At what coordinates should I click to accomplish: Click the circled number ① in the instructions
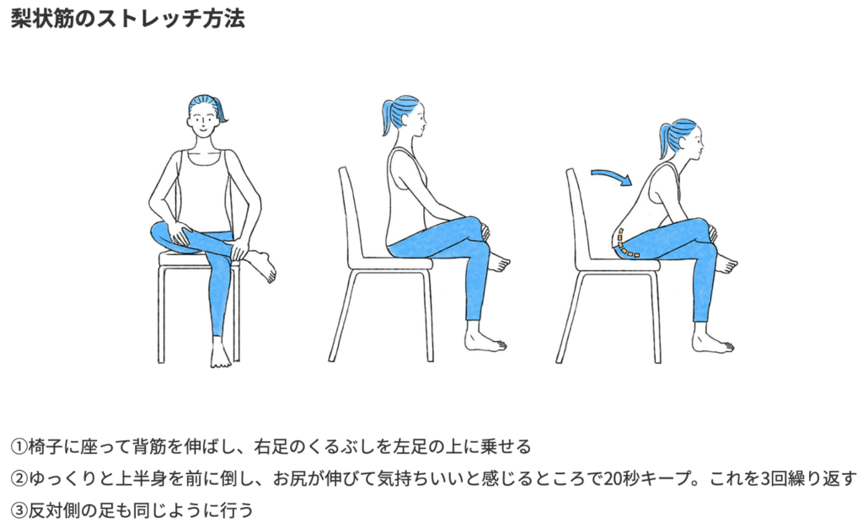[19, 446]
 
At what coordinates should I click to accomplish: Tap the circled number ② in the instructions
[19, 478]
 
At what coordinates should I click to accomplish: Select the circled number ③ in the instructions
[19, 511]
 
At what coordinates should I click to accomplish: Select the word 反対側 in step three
[54, 511]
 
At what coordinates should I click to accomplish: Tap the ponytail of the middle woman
[388, 116]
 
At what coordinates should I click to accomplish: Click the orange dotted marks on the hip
[624, 244]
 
